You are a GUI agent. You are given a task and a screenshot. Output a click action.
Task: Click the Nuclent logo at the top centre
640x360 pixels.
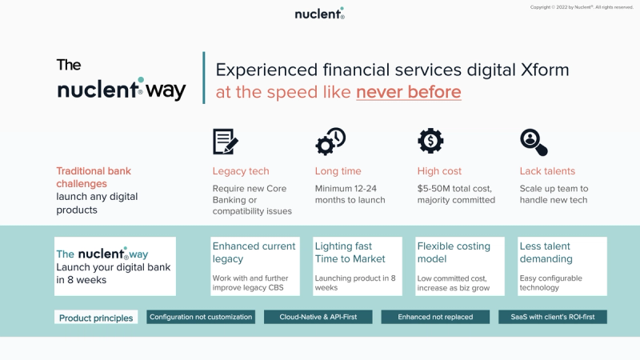319,14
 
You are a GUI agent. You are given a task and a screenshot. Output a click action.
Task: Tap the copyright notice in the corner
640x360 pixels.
582,7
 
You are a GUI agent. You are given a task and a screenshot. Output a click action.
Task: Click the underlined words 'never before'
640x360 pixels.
408,92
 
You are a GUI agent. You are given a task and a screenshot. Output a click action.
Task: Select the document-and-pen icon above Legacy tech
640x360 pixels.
226,141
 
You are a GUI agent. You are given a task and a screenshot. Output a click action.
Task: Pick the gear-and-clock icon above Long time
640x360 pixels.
330,141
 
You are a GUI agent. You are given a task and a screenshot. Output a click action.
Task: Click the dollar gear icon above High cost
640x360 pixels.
430,141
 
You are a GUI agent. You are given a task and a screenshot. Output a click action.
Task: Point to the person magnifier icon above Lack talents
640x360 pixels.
534,142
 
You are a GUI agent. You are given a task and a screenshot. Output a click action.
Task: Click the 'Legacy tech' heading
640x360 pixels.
241,171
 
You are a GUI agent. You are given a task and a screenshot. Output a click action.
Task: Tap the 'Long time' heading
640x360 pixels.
338,171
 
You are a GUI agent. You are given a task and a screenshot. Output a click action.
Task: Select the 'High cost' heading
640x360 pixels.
439,171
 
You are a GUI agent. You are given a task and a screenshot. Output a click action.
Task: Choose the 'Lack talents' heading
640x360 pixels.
547,171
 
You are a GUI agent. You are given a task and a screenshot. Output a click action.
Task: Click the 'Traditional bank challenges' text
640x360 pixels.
94,177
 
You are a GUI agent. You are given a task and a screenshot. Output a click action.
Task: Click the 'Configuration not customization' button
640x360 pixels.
201,317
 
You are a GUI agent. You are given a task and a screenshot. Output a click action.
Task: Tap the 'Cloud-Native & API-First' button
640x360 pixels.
318,317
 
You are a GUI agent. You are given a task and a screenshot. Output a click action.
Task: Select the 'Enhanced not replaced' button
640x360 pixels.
436,317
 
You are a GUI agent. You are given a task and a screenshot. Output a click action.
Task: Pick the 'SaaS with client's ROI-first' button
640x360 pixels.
553,317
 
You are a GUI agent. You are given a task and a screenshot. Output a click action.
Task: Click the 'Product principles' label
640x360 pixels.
96,318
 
